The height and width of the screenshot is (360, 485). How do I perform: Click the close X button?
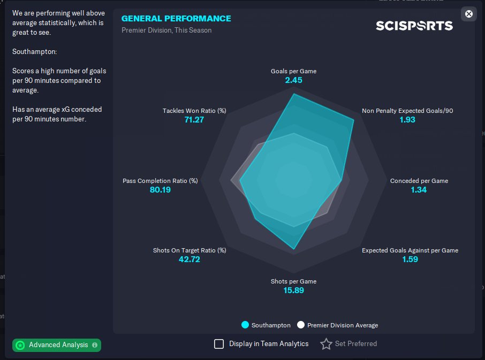coord(469,14)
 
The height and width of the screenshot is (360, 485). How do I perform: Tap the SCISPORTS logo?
coord(414,26)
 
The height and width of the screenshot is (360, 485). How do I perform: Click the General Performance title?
coord(176,18)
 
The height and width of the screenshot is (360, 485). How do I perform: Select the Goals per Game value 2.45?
coord(294,80)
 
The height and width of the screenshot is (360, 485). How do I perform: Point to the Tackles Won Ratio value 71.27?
coord(194,120)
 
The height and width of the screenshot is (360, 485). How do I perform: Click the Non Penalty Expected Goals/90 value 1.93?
coord(407,120)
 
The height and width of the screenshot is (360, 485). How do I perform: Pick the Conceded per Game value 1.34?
coord(419,190)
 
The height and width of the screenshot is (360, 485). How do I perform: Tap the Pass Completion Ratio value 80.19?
coord(160,190)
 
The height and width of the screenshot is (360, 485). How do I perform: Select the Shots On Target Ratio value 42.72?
coord(189,259)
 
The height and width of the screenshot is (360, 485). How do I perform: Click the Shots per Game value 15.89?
coord(294,290)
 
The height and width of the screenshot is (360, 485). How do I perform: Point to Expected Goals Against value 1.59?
coord(410,259)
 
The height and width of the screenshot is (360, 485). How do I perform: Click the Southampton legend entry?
coord(266,325)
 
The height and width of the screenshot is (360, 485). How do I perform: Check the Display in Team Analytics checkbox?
coord(219,344)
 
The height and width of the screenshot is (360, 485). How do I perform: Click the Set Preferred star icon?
coord(326,344)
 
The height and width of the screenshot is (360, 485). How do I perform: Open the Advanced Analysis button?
coord(57,345)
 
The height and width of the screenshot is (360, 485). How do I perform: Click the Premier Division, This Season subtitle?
coord(166,30)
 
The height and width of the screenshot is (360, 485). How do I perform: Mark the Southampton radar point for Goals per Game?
coord(294,94)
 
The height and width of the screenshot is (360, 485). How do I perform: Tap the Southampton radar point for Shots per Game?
coord(294,249)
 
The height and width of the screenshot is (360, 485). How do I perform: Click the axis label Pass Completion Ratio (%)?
coord(160,181)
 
